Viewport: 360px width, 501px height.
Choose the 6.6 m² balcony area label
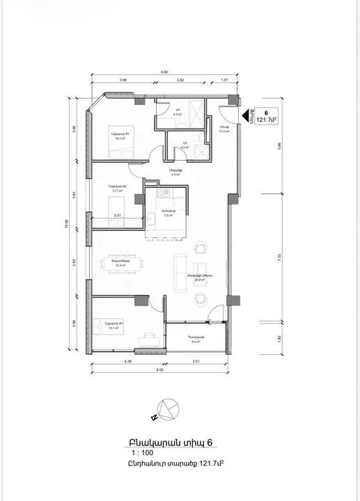[x=194, y=342]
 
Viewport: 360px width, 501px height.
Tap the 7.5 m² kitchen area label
[x=167, y=216]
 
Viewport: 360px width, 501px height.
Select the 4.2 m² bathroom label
[x=185, y=148]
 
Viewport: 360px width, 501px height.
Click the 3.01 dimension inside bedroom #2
[x=117, y=216]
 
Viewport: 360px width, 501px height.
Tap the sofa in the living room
[x=179, y=270]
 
